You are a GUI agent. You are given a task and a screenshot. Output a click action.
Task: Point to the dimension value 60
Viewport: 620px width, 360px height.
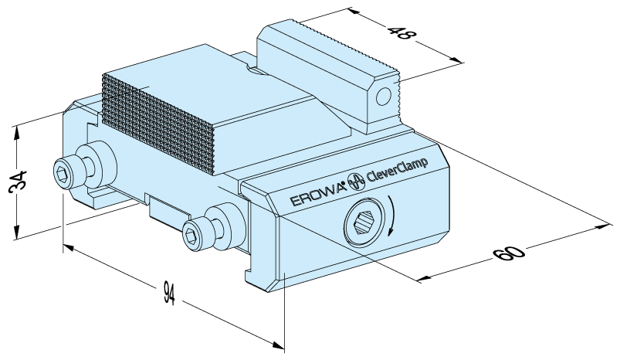510,251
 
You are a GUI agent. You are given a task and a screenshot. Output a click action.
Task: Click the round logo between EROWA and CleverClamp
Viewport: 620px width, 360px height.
357,182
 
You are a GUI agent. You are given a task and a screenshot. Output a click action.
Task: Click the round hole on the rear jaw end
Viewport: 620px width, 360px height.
381,97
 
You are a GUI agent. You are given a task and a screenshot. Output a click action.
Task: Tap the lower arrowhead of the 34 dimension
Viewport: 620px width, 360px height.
16,236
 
